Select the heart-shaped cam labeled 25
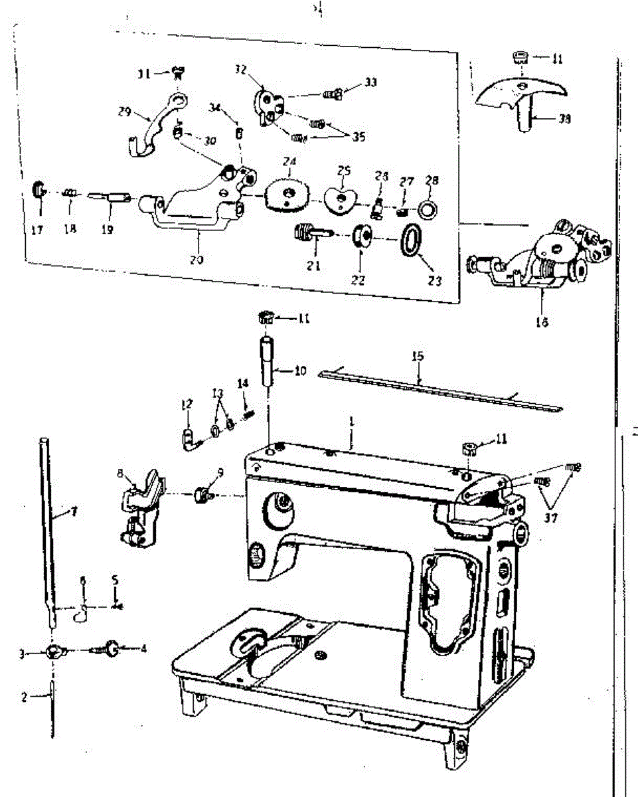(341, 198)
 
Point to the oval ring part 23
(411, 239)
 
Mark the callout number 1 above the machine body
(351, 421)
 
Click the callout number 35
(359, 137)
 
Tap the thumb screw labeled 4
(111, 647)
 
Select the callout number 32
(240, 69)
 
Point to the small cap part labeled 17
(39, 190)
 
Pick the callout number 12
(186, 402)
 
